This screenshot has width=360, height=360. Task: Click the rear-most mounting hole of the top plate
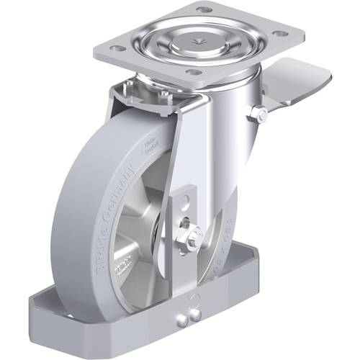[204, 9]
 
